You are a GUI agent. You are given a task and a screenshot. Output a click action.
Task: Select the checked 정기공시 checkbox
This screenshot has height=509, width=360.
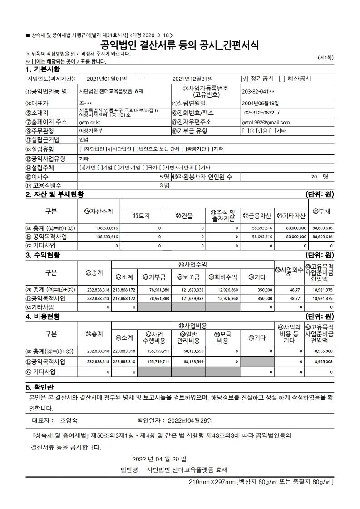[x=244, y=79]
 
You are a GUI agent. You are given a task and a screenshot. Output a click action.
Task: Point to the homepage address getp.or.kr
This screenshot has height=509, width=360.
[x=90, y=122]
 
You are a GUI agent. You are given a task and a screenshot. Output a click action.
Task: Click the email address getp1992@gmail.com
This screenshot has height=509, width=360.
[x=266, y=122]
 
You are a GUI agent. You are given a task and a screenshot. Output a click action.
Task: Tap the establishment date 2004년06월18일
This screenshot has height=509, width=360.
[x=261, y=103]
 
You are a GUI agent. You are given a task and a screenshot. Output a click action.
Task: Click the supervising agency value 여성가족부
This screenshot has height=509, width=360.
[x=91, y=131]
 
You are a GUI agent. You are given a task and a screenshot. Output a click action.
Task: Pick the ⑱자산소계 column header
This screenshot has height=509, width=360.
[x=99, y=211]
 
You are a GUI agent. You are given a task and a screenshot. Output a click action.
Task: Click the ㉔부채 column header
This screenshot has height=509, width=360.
[x=321, y=211]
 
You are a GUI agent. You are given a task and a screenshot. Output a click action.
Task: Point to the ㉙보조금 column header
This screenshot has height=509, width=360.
[x=188, y=277]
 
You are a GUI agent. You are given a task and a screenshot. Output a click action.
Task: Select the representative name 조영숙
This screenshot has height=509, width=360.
[x=69, y=420]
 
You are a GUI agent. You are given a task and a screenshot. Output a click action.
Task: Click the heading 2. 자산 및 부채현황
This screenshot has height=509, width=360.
[x=55, y=194]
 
